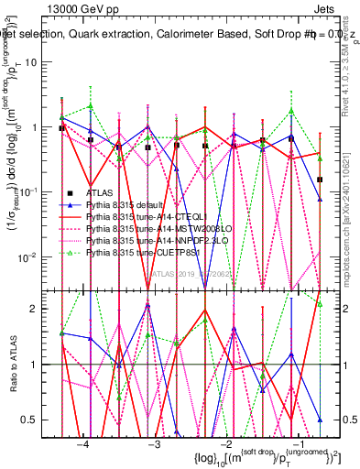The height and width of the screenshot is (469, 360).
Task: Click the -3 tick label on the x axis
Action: click(x=155, y=443)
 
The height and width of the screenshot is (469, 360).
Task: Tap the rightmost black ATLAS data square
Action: click(x=320, y=180)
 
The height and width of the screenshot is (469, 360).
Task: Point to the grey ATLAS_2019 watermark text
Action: click(x=197, y=273)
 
